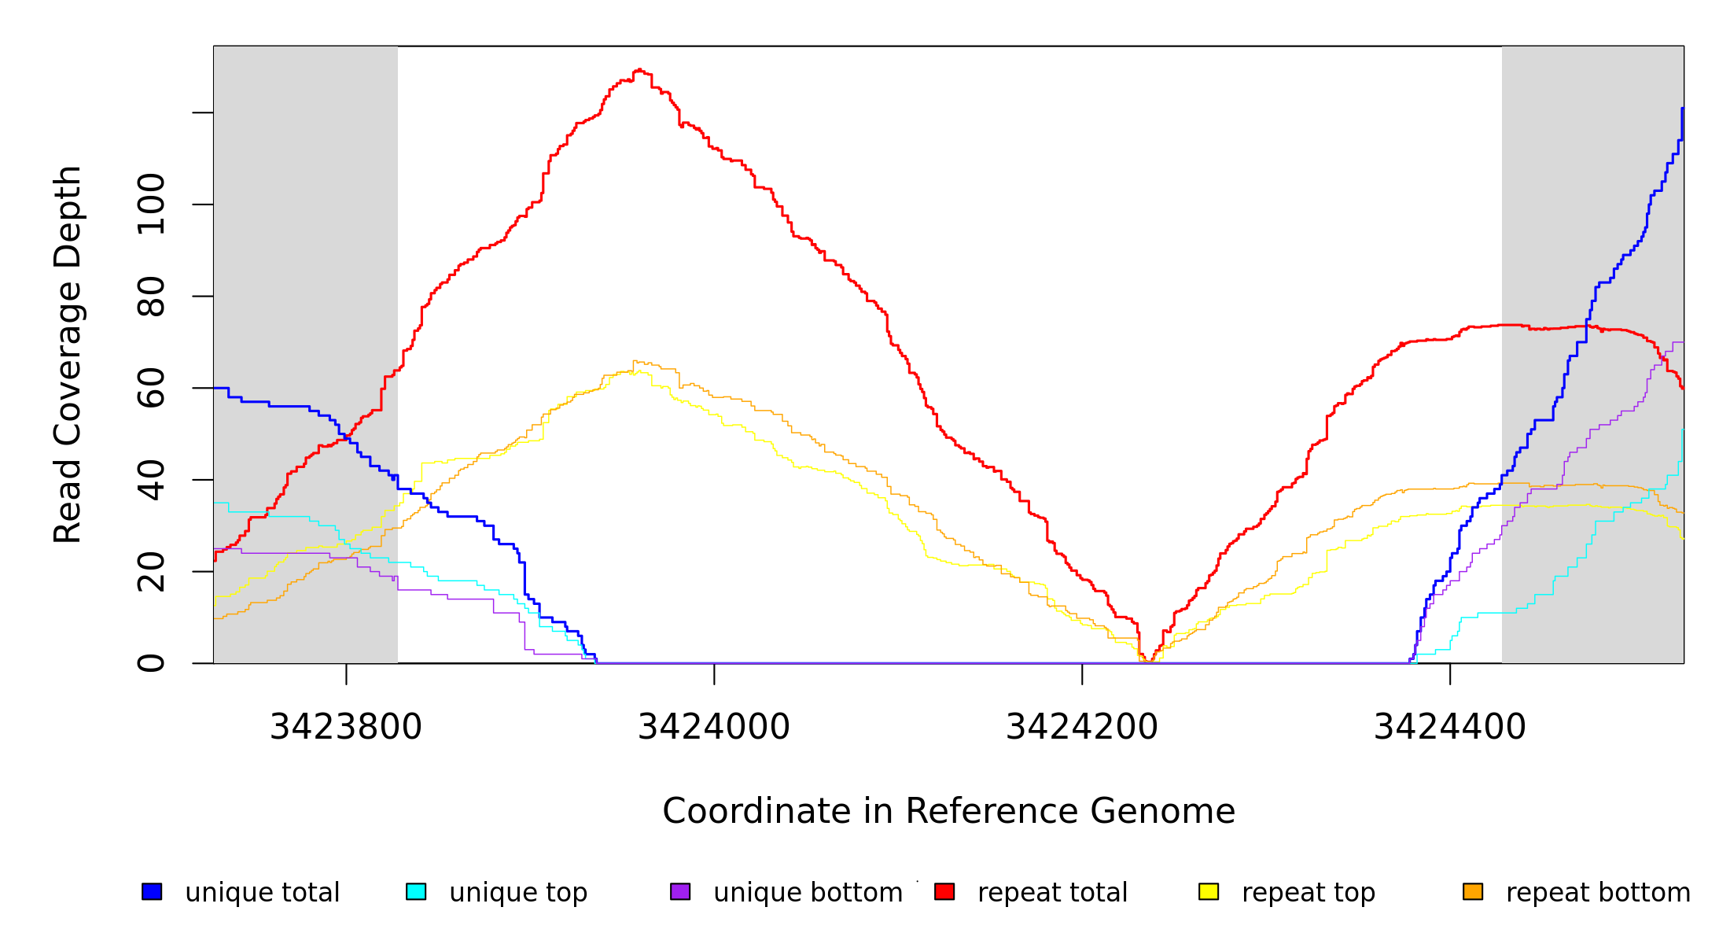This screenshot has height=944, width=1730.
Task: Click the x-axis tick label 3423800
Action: pyautogui.click(x=346, y=727)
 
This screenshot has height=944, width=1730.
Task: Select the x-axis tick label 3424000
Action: pyautogui.click(x=713, y=727)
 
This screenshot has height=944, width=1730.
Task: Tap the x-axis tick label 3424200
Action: pyautogui.click(x=1081, y=727)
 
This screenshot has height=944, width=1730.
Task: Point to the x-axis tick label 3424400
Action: pyautogui.click(x=1449, y=727)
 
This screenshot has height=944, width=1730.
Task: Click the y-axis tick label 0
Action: pyautogui.click(x=151, y=663)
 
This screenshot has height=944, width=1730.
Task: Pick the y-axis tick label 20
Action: pyautogui.click(x=151, y=572)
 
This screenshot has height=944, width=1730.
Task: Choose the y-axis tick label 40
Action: pyautogui.click(x=151, y=480)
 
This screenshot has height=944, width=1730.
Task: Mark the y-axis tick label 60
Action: pyautogui.click(x=151, y=388)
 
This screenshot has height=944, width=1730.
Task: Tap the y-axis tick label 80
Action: pyautogui.click(x=151, y=297)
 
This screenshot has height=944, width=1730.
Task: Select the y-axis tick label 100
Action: pyautogui.click(x=151, y=205)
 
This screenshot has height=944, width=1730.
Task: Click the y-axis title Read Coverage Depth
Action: pyautogui.click(x=68, y=354)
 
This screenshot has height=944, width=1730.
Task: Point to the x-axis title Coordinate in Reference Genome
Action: pyautogui.click(x=948, y=811)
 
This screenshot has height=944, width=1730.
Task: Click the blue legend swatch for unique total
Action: pyautogui.click(x=152, y=891)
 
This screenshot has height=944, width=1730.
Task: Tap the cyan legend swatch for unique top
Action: pyautogui.click(x=416, y=891)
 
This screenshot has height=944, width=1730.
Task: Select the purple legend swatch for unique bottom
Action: pyautogui.click(x=680, y=891)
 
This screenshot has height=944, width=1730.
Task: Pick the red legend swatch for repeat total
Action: pyautogui.click(x=944, y=891)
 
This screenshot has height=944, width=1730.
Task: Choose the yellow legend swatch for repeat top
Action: pyautogui.click(x=1209, y=891)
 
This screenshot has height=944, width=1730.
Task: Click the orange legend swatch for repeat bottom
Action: pyautogui.click(x=1473, y=891)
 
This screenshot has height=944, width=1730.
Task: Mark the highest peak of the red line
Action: pyautogui.click(x=639, y=70)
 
